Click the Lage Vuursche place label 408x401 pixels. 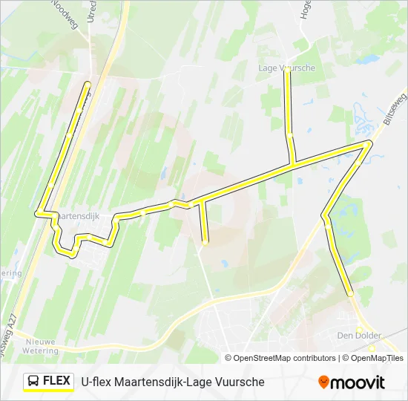coord(286,68)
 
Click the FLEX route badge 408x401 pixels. coord(49,382)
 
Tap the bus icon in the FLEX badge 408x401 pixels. coord(34,382)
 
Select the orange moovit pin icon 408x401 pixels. coord(323,382)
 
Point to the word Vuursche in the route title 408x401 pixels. coord(238,382)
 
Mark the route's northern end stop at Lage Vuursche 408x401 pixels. coord(288,73)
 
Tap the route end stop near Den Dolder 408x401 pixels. coord(351,295)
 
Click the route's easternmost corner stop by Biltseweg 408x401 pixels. coord(369,142)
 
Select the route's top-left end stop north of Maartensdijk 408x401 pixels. coord(88,83)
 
